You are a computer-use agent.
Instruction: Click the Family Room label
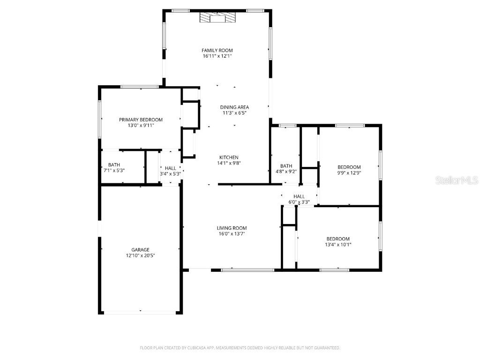point(217,50)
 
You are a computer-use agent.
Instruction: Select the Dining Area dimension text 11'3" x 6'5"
point(234,113)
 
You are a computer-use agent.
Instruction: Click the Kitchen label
point(229,157)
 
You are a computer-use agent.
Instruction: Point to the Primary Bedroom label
point(141,120)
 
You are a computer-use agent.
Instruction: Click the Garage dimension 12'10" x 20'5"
point(141,255)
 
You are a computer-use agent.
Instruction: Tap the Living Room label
point(232,228)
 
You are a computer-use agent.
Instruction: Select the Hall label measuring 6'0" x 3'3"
point(299,196)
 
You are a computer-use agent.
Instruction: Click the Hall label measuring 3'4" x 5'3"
point(170,168)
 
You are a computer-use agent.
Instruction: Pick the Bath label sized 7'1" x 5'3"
point(114,165)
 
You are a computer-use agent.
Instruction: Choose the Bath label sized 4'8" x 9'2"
point(286,166)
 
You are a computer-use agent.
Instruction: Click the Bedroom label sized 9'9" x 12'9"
point(349,167)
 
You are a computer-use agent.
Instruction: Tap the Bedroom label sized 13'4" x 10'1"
point(338,239)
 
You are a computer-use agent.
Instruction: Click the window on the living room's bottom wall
point(247,270)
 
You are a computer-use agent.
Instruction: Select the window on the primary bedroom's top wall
point(139,87)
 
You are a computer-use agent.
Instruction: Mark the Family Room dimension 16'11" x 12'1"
point(217,56)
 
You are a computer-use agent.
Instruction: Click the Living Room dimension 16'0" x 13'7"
point(232,233)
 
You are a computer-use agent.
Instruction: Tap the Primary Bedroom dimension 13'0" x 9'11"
point(141,125)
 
